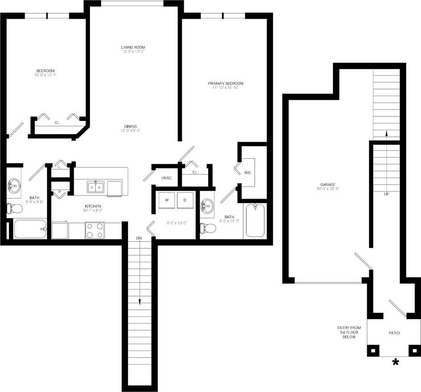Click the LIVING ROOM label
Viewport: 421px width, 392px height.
(133, 47)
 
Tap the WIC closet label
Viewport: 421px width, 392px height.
(248, 172)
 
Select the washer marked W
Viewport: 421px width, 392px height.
(167, 200)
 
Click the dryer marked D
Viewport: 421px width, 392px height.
(185, 200)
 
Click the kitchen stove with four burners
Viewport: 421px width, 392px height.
(95, 230)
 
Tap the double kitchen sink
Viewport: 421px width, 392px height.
(96, 186)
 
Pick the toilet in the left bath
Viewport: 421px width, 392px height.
(15, 208)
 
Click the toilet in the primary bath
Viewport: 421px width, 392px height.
(208, 228)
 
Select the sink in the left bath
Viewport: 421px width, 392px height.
(14, 185)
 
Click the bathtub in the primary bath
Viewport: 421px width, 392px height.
(255, 220)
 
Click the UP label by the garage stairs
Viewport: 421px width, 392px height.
(387, 194)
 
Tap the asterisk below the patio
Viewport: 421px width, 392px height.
(395, 362)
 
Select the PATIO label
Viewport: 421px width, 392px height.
(394, 333)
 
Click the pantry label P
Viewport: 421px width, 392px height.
(60, 193)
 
